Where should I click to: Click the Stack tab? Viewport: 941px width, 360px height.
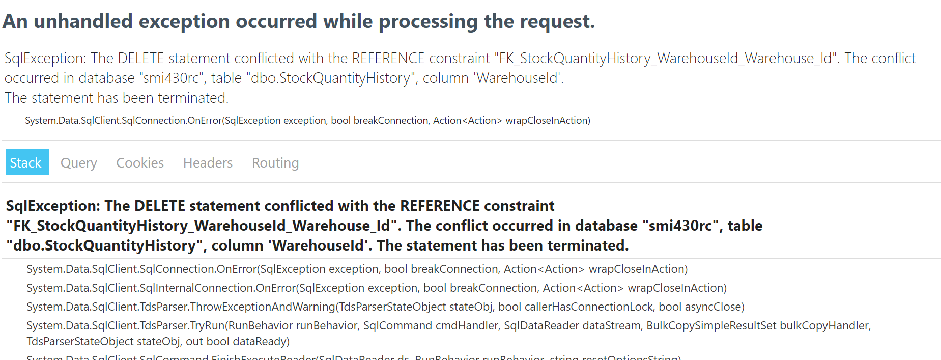pyautogui.click(x=27, y=162)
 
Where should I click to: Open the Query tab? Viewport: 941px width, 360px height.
pyautogui.click(x=78, y=163)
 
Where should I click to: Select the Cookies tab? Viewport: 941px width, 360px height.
pyautogui.click(x=140, y=163)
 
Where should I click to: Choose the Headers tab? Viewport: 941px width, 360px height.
pyautogui.click(x=208, y=163)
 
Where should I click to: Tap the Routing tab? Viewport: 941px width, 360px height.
pyautogui.click(x=275, y=163)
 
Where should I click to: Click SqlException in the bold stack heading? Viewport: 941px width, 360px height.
pyautogui.click(x=52, y=206)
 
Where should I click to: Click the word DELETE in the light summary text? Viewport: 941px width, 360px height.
pyautogui.click(x=141, y=58)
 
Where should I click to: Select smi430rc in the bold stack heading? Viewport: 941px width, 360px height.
pyautogui.click(x=680, y=226)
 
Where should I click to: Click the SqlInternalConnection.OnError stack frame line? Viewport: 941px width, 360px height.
pyautogui.click(x=376, y=288)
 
